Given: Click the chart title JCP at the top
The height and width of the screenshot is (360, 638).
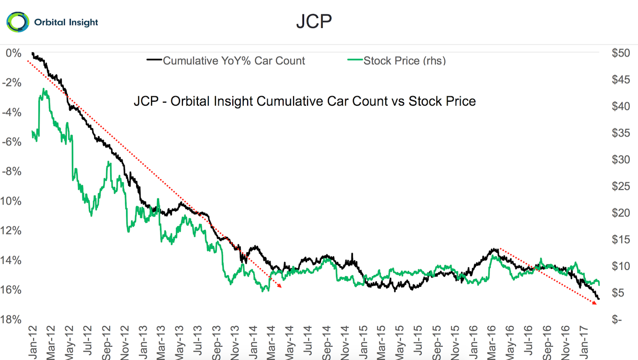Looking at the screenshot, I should click(x=314, y=21).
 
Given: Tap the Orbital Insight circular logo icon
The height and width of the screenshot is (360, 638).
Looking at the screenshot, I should click(x=18, y=22).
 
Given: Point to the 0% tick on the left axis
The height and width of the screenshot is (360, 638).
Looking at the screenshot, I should click(x=14, y=53).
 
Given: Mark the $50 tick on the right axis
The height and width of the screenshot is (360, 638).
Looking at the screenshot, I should click(x=620, y=53).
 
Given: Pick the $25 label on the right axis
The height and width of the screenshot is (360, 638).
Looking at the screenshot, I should click(x=620, y=186).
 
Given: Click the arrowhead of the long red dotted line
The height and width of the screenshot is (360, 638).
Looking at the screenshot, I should click(x=281, y=287).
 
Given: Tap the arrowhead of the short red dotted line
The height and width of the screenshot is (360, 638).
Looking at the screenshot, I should click(x=595, y=303).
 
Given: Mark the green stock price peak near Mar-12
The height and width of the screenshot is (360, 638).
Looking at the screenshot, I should click(x=44, y=89).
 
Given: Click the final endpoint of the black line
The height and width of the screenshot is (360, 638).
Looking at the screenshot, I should click(x=599, y=299).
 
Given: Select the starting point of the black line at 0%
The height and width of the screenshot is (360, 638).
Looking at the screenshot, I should click(x=32, y=53).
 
